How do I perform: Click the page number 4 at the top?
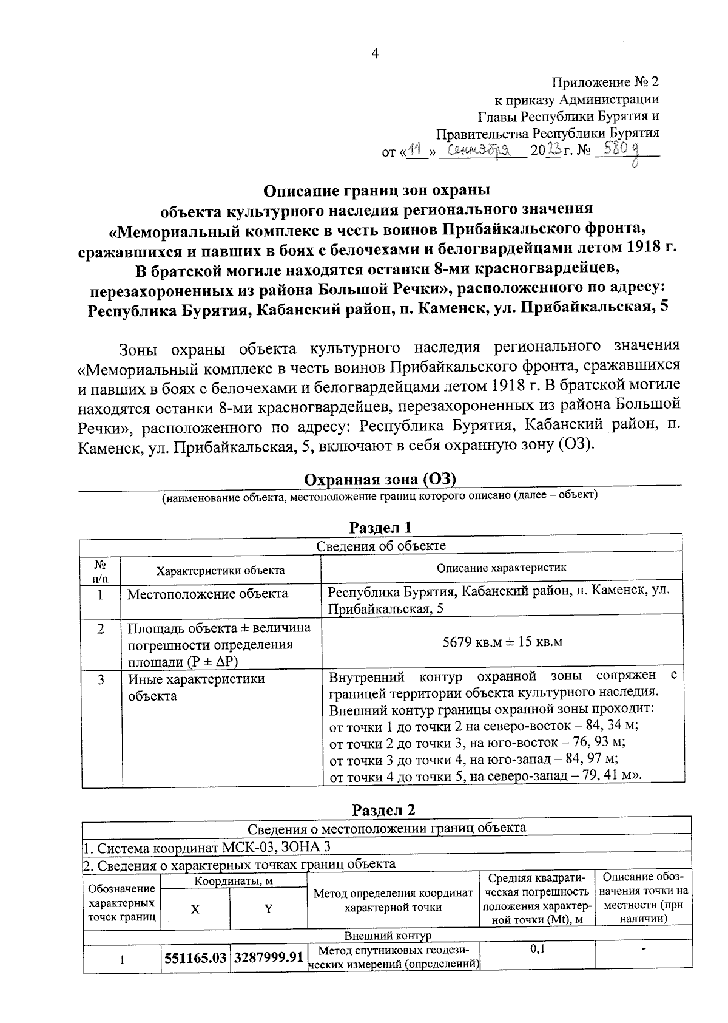[374, 54]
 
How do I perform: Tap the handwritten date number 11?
[416, 148]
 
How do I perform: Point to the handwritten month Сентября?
[482, 149]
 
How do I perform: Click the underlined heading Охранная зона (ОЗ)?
[380, 480]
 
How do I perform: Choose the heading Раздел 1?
[382, 526]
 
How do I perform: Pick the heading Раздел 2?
[385, 810]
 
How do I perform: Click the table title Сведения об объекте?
[381, 546]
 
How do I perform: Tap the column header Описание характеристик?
[502, 568]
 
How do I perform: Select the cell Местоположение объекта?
[207, 594]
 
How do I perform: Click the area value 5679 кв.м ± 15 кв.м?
[502, 642]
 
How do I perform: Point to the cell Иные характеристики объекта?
[197, 687]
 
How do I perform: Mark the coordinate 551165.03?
[195, 957]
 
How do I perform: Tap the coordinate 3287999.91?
[268, 957]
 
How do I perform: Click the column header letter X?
[195, 908]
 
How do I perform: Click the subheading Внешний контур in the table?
[388, 936]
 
